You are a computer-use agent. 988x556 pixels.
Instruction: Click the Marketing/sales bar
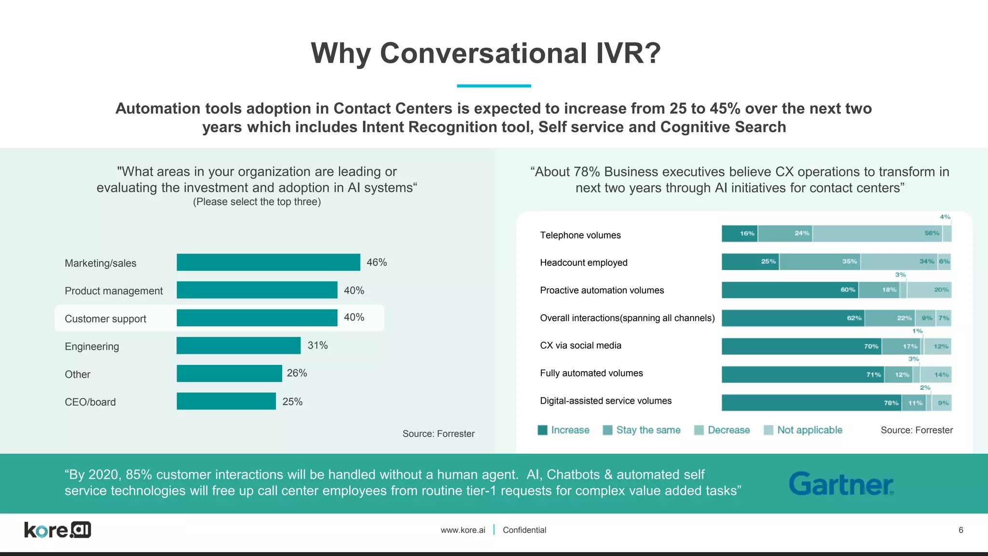[268, 263]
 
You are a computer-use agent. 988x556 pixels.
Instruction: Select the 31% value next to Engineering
[317, 346]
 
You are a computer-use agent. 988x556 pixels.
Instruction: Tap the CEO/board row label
[90, 402]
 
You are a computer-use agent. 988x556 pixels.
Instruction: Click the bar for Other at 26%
[229, 374]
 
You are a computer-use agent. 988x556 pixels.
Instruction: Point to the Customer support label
[105, 319]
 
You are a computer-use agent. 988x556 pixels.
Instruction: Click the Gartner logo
[841, 484]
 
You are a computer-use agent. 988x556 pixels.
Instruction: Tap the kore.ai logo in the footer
[57, 530]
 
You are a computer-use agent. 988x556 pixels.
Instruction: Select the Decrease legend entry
[722, 430]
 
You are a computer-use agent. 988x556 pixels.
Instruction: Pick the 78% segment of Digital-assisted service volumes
[811, 403]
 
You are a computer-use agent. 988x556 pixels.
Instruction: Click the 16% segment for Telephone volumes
[740, 234]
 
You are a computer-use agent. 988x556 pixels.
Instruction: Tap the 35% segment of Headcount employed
[820, 262]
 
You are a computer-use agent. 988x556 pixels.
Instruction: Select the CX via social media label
[580, 346]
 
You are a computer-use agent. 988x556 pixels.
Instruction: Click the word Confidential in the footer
[524, 530]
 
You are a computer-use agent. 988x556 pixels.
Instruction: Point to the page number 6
[961, 530]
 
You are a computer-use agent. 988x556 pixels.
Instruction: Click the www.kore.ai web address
[463, 530]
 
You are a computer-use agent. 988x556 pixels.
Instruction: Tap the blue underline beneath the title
[494, 86]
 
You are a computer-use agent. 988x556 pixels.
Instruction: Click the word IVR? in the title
[628, 53]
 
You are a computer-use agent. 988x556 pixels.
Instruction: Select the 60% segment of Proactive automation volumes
[790, 290]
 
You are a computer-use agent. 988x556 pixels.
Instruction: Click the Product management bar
[257, 290]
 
